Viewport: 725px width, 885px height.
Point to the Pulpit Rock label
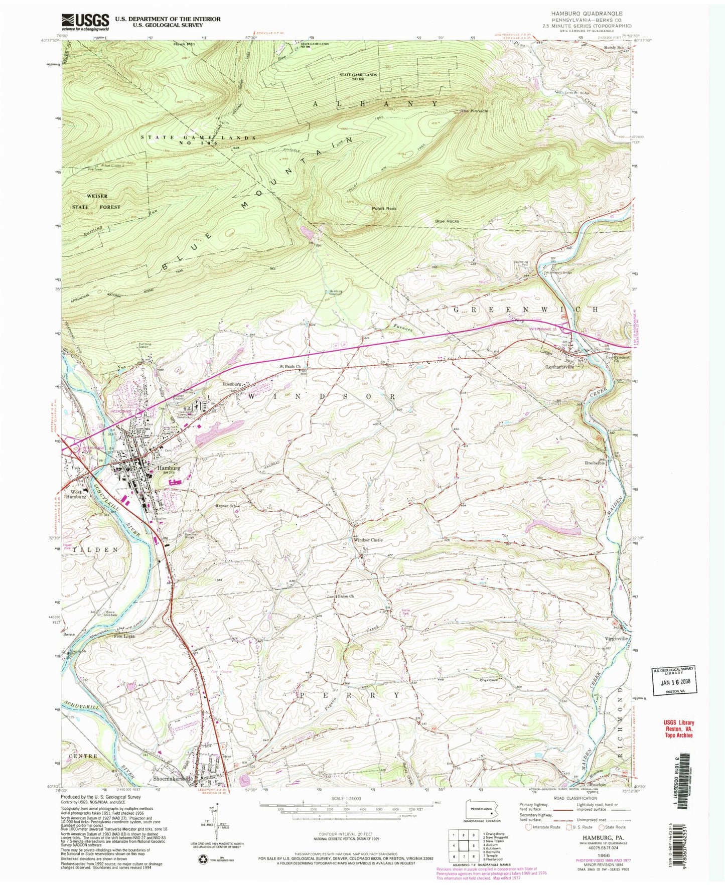[x=384, y=208]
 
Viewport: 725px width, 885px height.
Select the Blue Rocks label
[x=447, y=221]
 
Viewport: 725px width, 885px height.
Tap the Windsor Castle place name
[x=368, y=540]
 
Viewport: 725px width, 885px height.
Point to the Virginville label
[x=613, y=639]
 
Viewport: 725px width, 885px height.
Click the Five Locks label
[x=124, y=636]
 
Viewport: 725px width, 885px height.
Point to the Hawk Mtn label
[x=184, y=44]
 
